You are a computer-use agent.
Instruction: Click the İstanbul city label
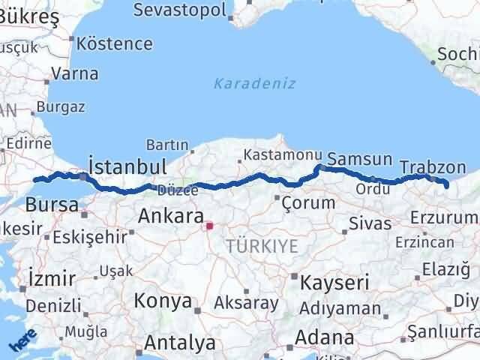pos(127,166)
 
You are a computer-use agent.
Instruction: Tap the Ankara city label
pos(171,217)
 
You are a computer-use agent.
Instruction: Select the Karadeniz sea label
pos(255,83)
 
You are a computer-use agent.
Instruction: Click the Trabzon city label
pos(433,167)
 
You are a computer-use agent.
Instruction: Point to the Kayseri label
pos(334,283)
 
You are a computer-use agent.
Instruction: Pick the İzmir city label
pos(50,279)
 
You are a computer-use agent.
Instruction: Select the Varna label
pos(75,73)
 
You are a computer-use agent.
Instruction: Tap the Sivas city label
pos(370,223)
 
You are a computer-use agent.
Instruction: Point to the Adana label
pos(325,337)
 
